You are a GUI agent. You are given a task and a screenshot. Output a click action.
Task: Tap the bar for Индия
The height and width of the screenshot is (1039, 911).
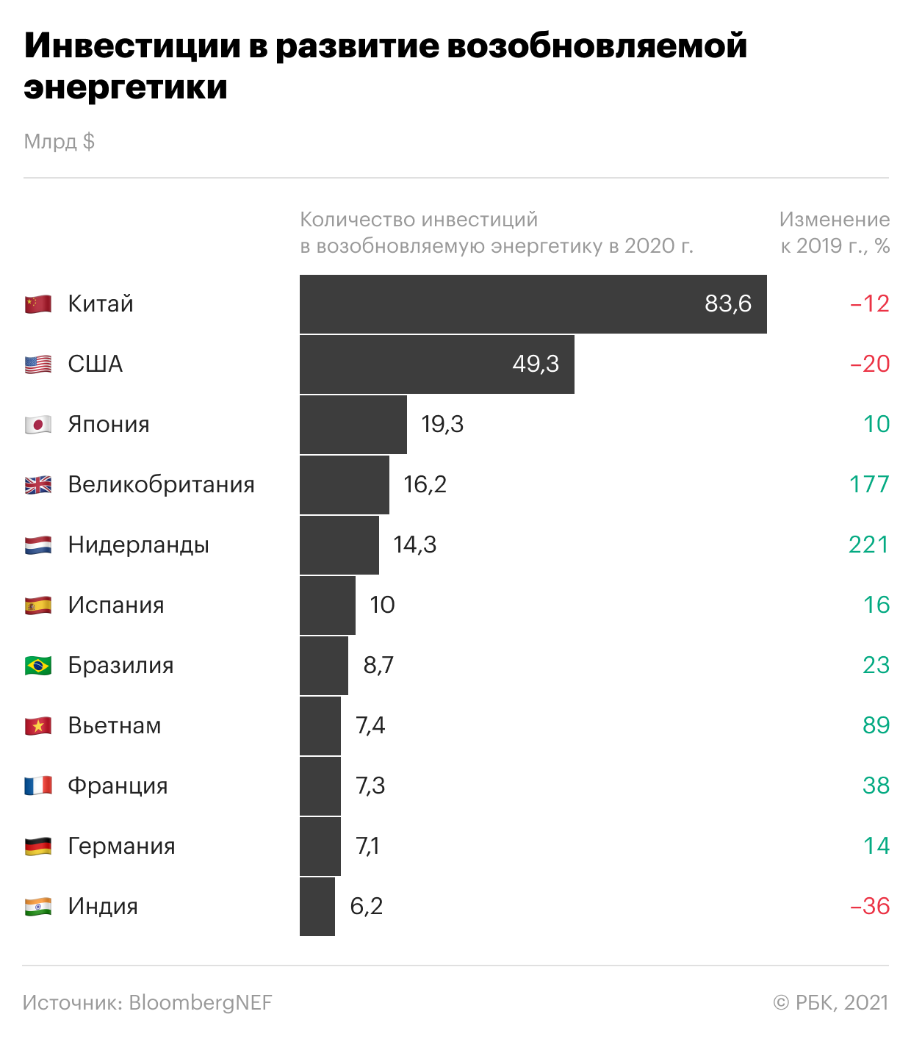pos(317,907)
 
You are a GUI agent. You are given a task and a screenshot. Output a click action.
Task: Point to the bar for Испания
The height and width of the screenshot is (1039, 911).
pos(328,605)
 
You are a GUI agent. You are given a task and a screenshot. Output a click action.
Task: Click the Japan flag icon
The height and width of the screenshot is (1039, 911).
pos(38,425)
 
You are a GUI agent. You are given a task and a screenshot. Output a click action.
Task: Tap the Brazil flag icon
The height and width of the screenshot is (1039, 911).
pos(38,666)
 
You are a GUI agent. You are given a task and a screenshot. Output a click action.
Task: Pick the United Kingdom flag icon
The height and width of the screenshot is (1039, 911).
pos(38,485)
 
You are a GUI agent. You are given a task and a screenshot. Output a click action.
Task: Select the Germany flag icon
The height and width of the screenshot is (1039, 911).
pos(38,846)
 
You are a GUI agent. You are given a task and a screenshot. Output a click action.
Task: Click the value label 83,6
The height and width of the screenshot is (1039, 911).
pos(727,304)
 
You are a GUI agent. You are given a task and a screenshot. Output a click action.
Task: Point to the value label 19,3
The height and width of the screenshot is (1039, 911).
pos(442,425)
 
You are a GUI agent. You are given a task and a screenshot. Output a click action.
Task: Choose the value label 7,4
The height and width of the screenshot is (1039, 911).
pos(370,726)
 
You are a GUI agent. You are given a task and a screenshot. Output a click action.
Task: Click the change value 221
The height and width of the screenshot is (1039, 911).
pos(868,545)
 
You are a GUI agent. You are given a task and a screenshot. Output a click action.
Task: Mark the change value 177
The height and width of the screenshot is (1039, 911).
pos(869,485)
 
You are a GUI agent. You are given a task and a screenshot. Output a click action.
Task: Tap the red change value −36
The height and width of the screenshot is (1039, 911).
pos(870,907)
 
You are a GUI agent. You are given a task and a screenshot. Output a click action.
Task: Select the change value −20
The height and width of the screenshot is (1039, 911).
pos(870,364)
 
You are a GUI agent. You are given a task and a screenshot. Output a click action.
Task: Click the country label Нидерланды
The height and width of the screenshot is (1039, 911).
pos(138,545)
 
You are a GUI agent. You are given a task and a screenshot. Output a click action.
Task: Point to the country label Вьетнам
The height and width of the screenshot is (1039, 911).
pos(115,726)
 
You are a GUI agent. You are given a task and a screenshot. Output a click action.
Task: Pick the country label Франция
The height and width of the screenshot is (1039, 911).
pos(118,786)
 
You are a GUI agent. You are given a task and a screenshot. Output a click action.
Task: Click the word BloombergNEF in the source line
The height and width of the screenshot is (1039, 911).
pos(200,1003)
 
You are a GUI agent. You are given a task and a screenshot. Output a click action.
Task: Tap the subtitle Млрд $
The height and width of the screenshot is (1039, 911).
pos(60,141)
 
